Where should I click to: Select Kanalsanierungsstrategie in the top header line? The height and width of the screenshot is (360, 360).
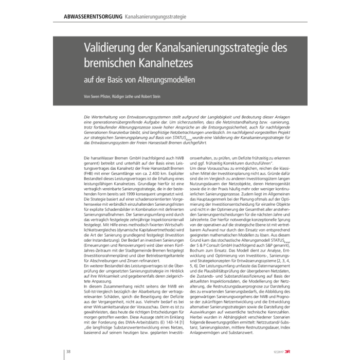tap(155, 17)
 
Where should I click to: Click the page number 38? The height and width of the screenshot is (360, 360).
tap(68, 351)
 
